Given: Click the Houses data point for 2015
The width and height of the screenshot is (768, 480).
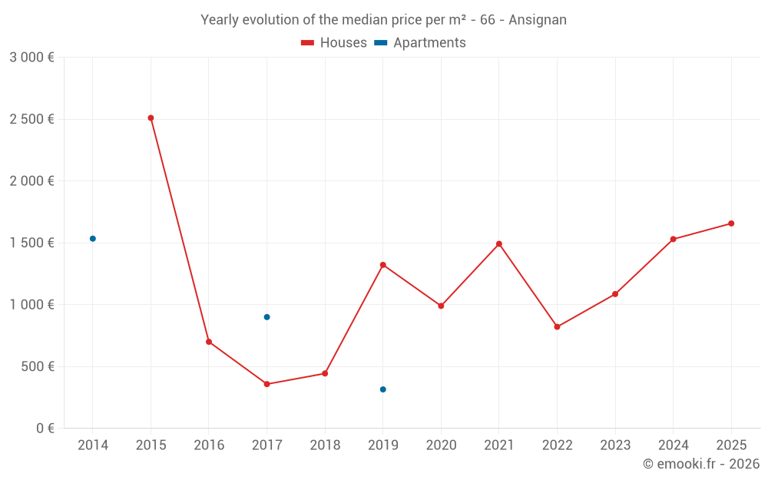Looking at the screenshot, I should [151, 118].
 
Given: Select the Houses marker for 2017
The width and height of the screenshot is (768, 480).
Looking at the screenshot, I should [266, 384].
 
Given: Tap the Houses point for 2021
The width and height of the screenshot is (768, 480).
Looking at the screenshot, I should [499, 244].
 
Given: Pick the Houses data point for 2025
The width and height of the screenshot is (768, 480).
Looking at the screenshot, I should [731, 223].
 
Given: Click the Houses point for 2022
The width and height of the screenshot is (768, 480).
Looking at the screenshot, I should [557, 327].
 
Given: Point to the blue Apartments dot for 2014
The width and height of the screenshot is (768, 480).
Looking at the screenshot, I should [93, 239].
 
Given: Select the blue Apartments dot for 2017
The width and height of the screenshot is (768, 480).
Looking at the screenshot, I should [266, 317].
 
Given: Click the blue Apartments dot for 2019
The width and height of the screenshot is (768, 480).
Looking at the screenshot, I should [383, 389].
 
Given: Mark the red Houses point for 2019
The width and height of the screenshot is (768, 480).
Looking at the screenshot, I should [383, 265].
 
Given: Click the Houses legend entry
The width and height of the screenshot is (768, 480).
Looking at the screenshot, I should [334, 43].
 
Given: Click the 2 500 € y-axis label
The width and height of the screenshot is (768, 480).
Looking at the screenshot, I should [31, 119].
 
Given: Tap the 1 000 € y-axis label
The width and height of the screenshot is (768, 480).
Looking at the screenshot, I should [31, 305].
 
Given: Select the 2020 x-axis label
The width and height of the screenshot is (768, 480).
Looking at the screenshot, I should [441, 445].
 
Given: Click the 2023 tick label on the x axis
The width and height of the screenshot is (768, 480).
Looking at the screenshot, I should [615, 445].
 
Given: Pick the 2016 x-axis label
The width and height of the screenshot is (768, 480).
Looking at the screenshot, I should [209, 445].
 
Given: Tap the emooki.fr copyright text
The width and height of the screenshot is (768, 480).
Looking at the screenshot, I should [700, 464].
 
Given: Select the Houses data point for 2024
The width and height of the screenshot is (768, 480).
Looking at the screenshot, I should [674, 240].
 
